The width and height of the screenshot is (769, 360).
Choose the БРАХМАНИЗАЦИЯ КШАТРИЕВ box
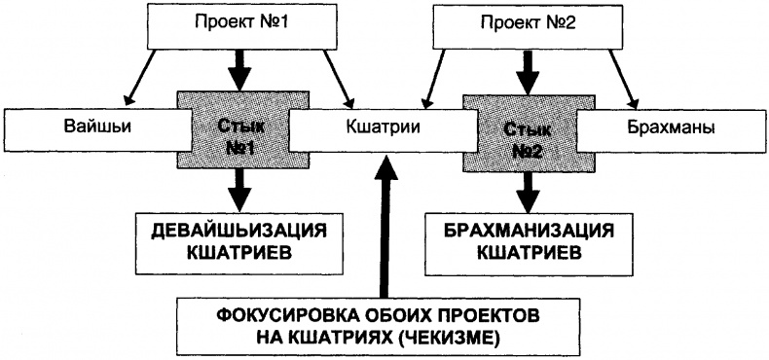tap(525, 238)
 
